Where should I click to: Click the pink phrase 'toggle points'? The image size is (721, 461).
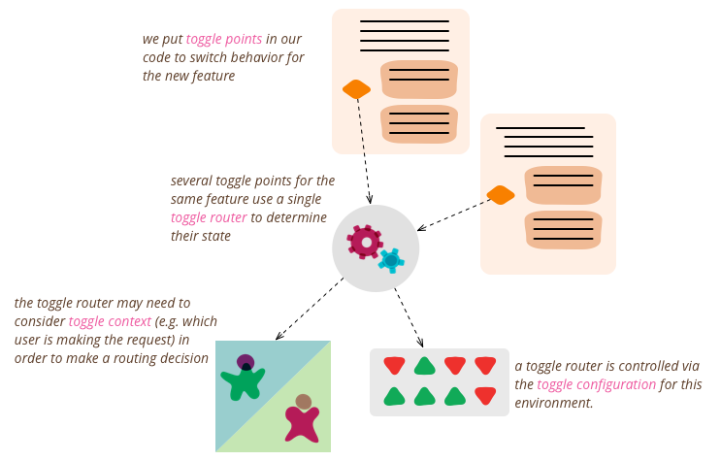[x=224, y=40]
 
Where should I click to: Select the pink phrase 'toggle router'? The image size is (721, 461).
[x=209, y=217]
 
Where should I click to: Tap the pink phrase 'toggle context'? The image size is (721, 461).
[x=110, y=321]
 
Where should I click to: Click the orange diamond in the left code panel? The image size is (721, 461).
[x=356, y=89]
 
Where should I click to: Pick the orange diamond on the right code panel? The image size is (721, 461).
[x=500, y=195]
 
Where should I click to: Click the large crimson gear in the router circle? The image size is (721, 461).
[x=365, y=241]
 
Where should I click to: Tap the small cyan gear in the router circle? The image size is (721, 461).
[x=391, y=260]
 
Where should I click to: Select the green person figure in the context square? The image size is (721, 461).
[x=243, y=379]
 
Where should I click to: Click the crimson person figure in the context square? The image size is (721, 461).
[x=302, y=421]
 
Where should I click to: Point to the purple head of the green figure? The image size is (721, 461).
[x=246, y=363]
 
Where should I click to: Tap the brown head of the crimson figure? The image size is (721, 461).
[x=304, y=402]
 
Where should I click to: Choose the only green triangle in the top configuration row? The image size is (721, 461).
[x=424, y=366]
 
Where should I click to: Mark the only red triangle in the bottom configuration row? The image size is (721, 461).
[x=485, y=396]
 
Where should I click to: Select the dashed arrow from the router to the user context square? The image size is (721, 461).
[x=310, y=309]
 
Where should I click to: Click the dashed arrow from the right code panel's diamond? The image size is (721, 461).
[x=453, y=214]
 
